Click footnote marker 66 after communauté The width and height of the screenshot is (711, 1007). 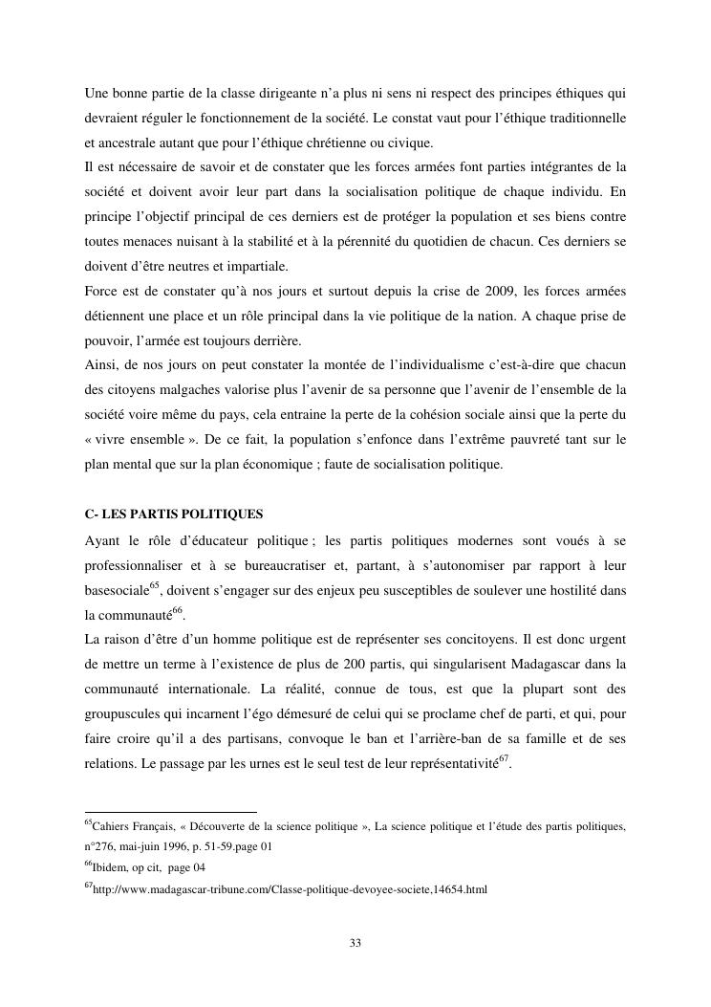(x=177, y=611)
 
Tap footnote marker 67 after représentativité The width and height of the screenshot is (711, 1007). (x=508, y=759)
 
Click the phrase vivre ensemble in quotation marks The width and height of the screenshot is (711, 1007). (x=133, y=441)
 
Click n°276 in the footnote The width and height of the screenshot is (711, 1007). (x=100, y=846)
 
